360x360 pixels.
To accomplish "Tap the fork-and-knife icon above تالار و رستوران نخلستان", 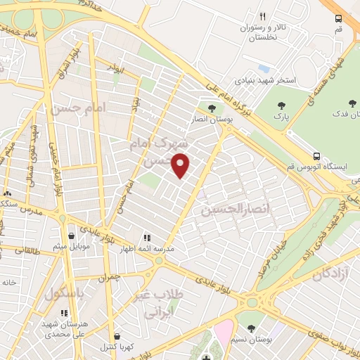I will click(262, 16).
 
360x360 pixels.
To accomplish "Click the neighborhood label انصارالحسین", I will click(226, 210).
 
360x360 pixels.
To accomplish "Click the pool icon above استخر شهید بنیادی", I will click(263, 69).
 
